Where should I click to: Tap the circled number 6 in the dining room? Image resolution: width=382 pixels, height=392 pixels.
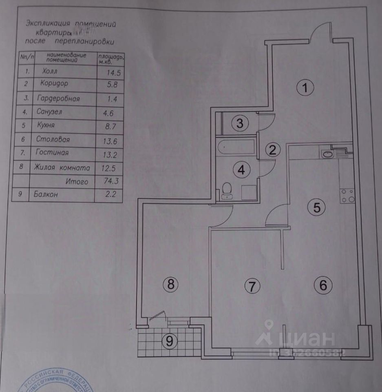[x=323, y=285]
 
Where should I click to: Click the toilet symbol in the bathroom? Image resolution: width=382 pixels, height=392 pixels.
[x=227, y=191]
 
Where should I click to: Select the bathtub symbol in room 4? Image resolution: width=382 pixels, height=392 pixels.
[x=236, y=147]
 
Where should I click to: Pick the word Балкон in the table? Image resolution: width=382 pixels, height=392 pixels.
[x=46, y=195]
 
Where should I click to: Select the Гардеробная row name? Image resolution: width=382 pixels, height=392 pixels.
[x=57, y=98]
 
